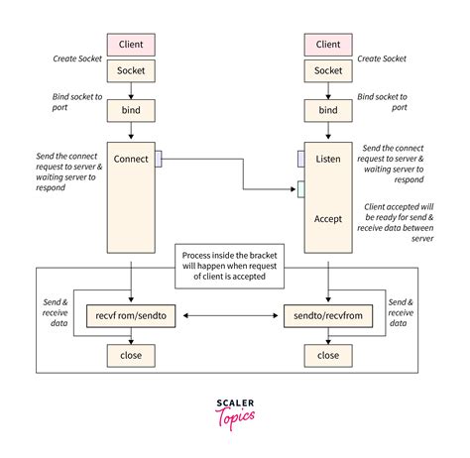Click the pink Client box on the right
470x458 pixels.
coord(327,45)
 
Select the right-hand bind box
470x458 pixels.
coord(327,110)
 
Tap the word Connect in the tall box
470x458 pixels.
coord(132,158)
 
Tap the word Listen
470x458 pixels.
coord(327,159)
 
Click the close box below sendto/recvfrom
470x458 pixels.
coord(327,354)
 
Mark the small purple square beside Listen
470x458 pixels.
coord(300,158)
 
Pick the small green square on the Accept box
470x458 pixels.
coord(300,188)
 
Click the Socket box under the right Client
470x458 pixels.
coord(327,70)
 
